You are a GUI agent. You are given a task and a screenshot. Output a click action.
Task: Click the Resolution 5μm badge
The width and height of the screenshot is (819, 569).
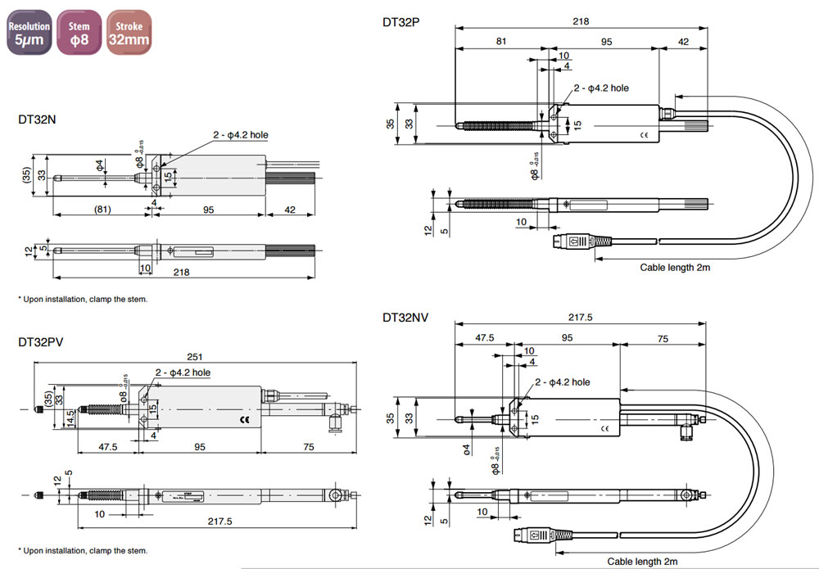(29, 33)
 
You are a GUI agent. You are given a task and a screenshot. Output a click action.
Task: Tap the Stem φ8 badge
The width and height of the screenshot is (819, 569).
(79, 33)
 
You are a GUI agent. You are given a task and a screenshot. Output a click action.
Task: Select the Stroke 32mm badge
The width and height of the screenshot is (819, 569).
(129, 33)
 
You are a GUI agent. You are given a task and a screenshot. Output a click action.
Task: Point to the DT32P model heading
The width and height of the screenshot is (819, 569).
(401, 22)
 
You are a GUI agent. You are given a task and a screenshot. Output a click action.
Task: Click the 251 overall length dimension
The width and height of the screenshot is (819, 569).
(193, 357)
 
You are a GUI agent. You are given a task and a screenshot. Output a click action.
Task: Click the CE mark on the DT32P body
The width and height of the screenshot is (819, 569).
(644, 135)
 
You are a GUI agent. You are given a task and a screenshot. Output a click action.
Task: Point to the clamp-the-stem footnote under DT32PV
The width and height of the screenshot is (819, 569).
(83, 550)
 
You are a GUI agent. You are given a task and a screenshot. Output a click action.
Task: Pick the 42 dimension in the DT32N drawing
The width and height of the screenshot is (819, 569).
(289, 210)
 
